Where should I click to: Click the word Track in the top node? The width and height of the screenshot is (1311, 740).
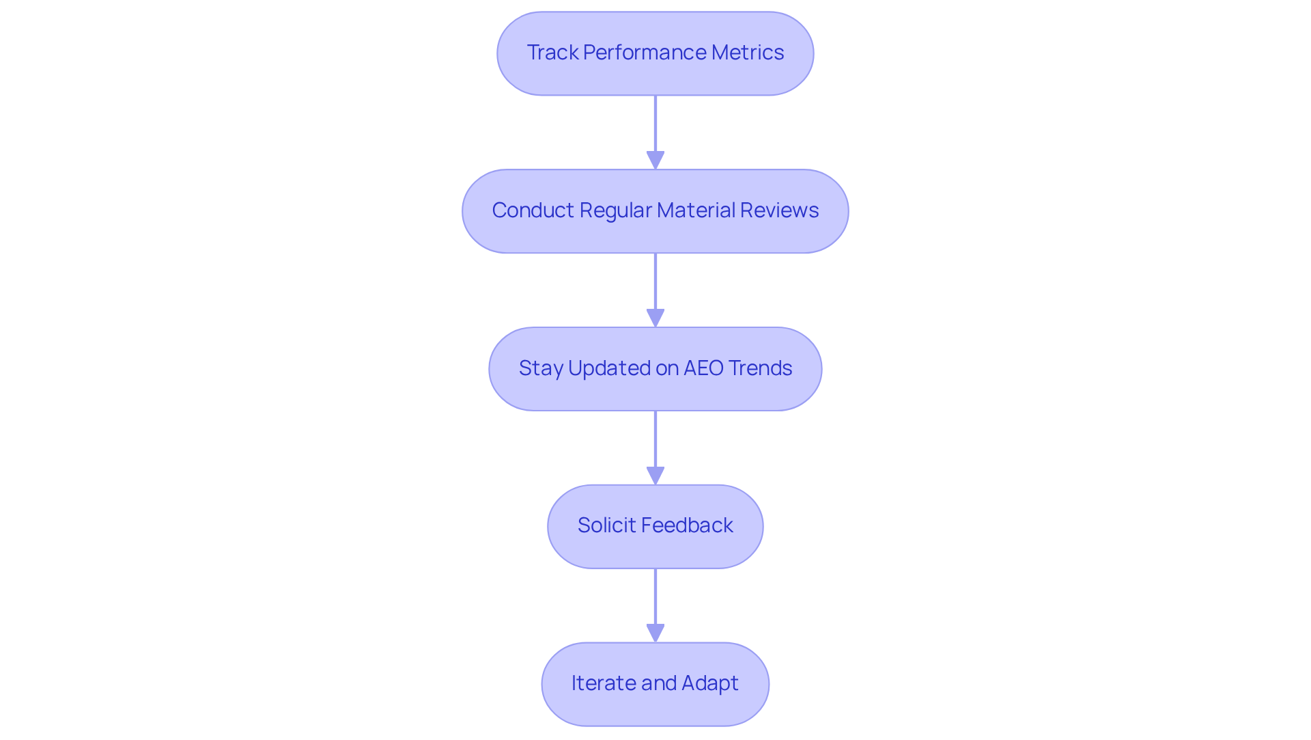(552, 53)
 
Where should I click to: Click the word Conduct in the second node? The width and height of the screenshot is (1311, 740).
(533, 210)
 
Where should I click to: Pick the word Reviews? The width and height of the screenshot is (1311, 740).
(779, 210)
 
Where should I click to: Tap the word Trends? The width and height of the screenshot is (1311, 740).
(760, 368)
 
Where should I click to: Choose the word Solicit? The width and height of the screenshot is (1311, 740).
(602, 525)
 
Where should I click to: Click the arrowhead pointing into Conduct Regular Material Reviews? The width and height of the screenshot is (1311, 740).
(655, 161)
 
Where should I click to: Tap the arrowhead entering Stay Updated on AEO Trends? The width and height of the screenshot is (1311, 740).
(655, 318)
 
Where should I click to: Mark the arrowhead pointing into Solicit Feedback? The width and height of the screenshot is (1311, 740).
(655, 476)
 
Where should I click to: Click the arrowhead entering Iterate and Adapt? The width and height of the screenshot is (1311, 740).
(655, 633)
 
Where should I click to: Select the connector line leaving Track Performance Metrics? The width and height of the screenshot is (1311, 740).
(655, 123)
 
